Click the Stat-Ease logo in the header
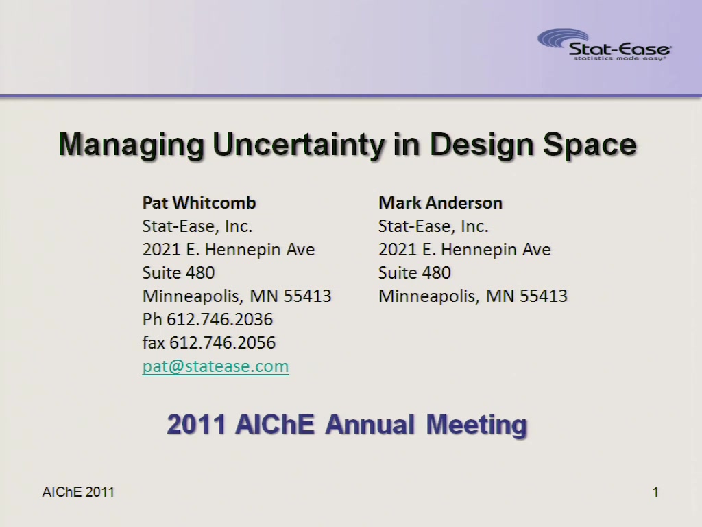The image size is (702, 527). point(604,45)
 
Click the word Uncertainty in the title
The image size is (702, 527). point(298,145)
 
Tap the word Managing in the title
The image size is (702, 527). point(132,145)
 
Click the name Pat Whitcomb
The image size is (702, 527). point(199,202)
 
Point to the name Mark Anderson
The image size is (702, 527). point(441,202)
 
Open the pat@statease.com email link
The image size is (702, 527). point(215,366)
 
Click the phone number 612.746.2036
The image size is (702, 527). point(220,319)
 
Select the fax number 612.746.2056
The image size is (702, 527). point(223,342)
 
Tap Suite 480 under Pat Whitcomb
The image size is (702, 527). point(179,272)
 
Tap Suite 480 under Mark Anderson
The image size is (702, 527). point(415,272)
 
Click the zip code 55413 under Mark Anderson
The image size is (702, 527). point(544,296)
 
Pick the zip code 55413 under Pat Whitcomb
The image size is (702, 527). point(307,296)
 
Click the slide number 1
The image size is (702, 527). point(655,492)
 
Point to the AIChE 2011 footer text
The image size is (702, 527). point(78,492)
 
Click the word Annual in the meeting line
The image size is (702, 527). point(370,424)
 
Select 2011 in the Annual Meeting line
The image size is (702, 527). point(195,424)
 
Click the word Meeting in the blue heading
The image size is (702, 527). point(477,425)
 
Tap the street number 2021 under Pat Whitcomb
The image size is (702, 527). point(161,249)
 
